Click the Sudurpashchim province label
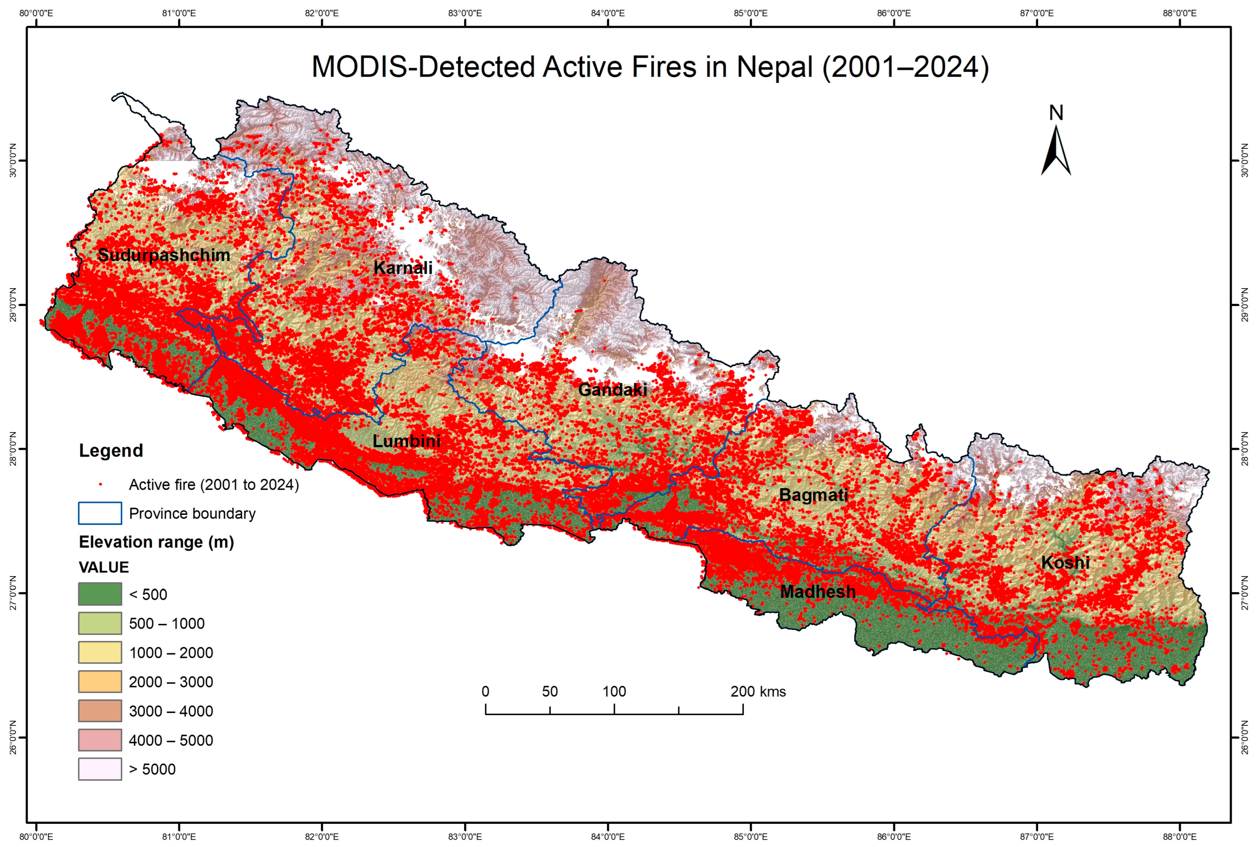pos(164,255)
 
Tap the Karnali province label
pos(403,267)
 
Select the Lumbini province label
pos(406,441)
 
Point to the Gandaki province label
pos(613,390)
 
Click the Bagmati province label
pos(813,495)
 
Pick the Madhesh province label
pos(818,592)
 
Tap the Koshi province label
pos(1065,562)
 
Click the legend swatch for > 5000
pos(100,769)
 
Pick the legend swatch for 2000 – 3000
pos(100,682)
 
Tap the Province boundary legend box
pos(100,513)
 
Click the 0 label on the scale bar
pos(485,692)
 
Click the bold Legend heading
pos(111,451)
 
